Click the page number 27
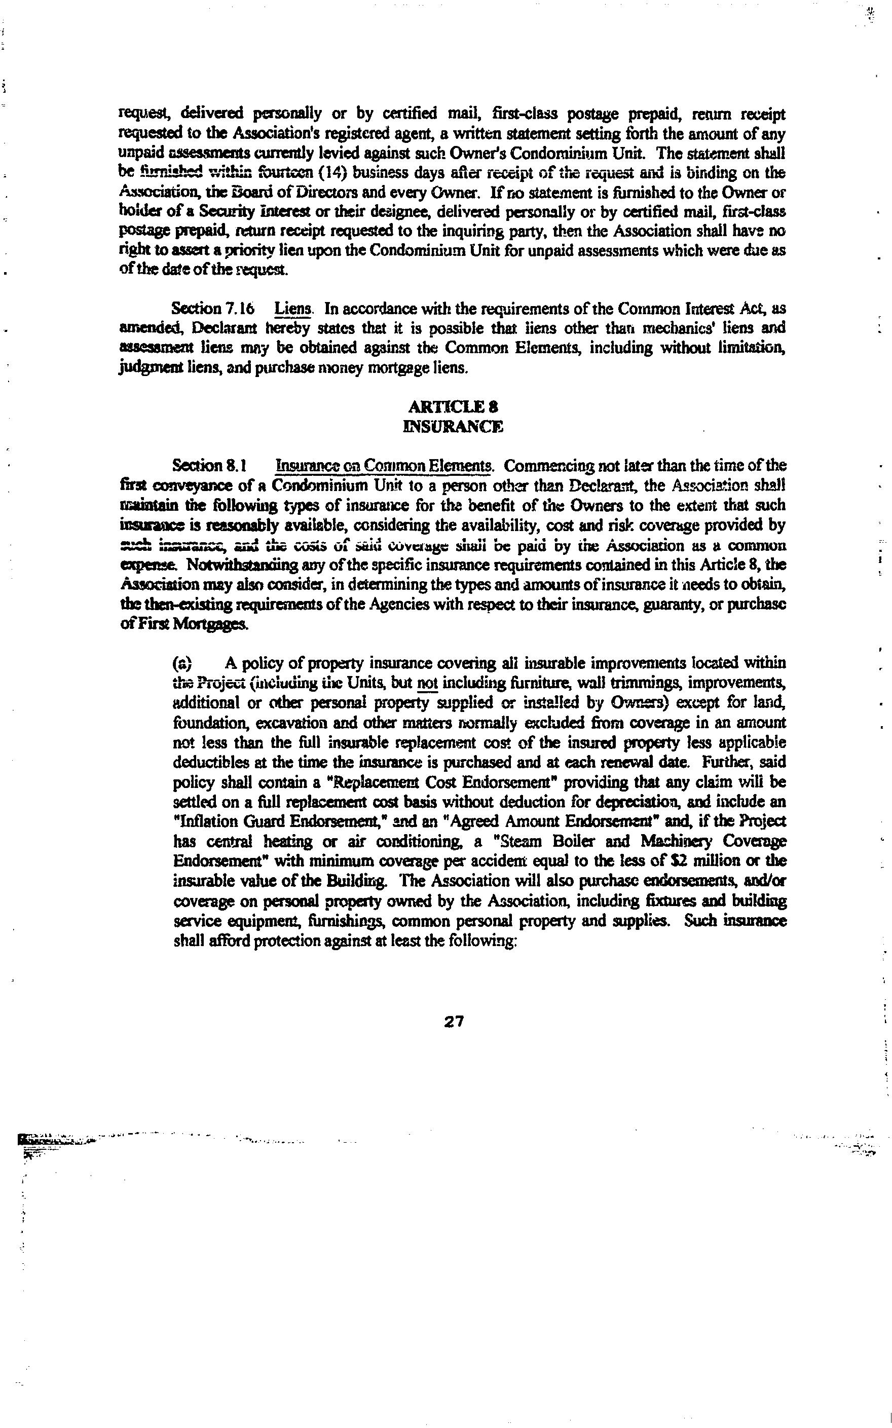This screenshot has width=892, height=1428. click(x=454, y=1021)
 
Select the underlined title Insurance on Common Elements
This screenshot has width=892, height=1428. click(x=384, y=466)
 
